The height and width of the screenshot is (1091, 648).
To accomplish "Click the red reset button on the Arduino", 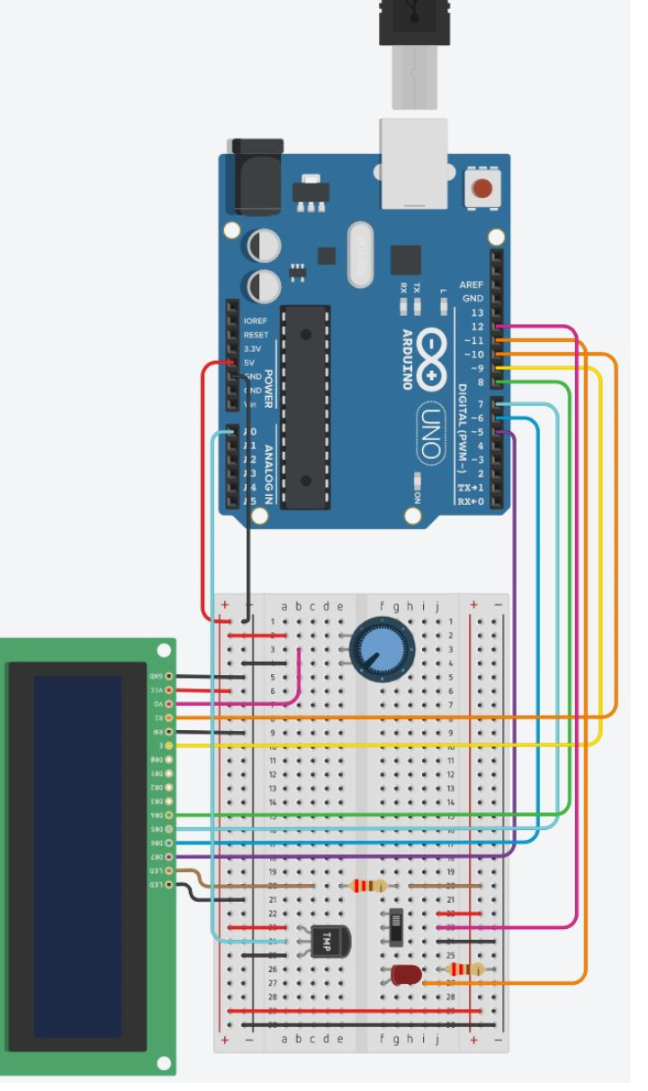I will pos(483,189).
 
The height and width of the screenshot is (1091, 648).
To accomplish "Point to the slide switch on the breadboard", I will pos(395,927).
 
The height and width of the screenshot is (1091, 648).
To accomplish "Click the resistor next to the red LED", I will pos(465,969).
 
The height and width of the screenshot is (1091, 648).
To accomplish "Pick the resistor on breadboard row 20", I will pos(369,886).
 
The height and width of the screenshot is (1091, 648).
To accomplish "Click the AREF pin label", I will pos(472,284).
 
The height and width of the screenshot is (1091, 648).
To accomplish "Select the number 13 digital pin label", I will pos(476,312).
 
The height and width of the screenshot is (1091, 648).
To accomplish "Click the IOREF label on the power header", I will pos(256,320).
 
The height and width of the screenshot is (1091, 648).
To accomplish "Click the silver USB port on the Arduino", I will pos(413,162).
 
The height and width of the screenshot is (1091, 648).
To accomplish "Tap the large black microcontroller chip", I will pos(306,407).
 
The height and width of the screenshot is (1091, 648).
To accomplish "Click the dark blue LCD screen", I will pos(77,855).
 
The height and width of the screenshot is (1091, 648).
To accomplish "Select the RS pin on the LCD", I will pos(167,717).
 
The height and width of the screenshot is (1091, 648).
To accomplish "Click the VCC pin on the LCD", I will pos(167,690).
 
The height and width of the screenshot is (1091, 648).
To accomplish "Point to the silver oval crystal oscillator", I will pos(360,255).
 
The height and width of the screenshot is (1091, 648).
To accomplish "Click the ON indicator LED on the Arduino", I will pos(417,482).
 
